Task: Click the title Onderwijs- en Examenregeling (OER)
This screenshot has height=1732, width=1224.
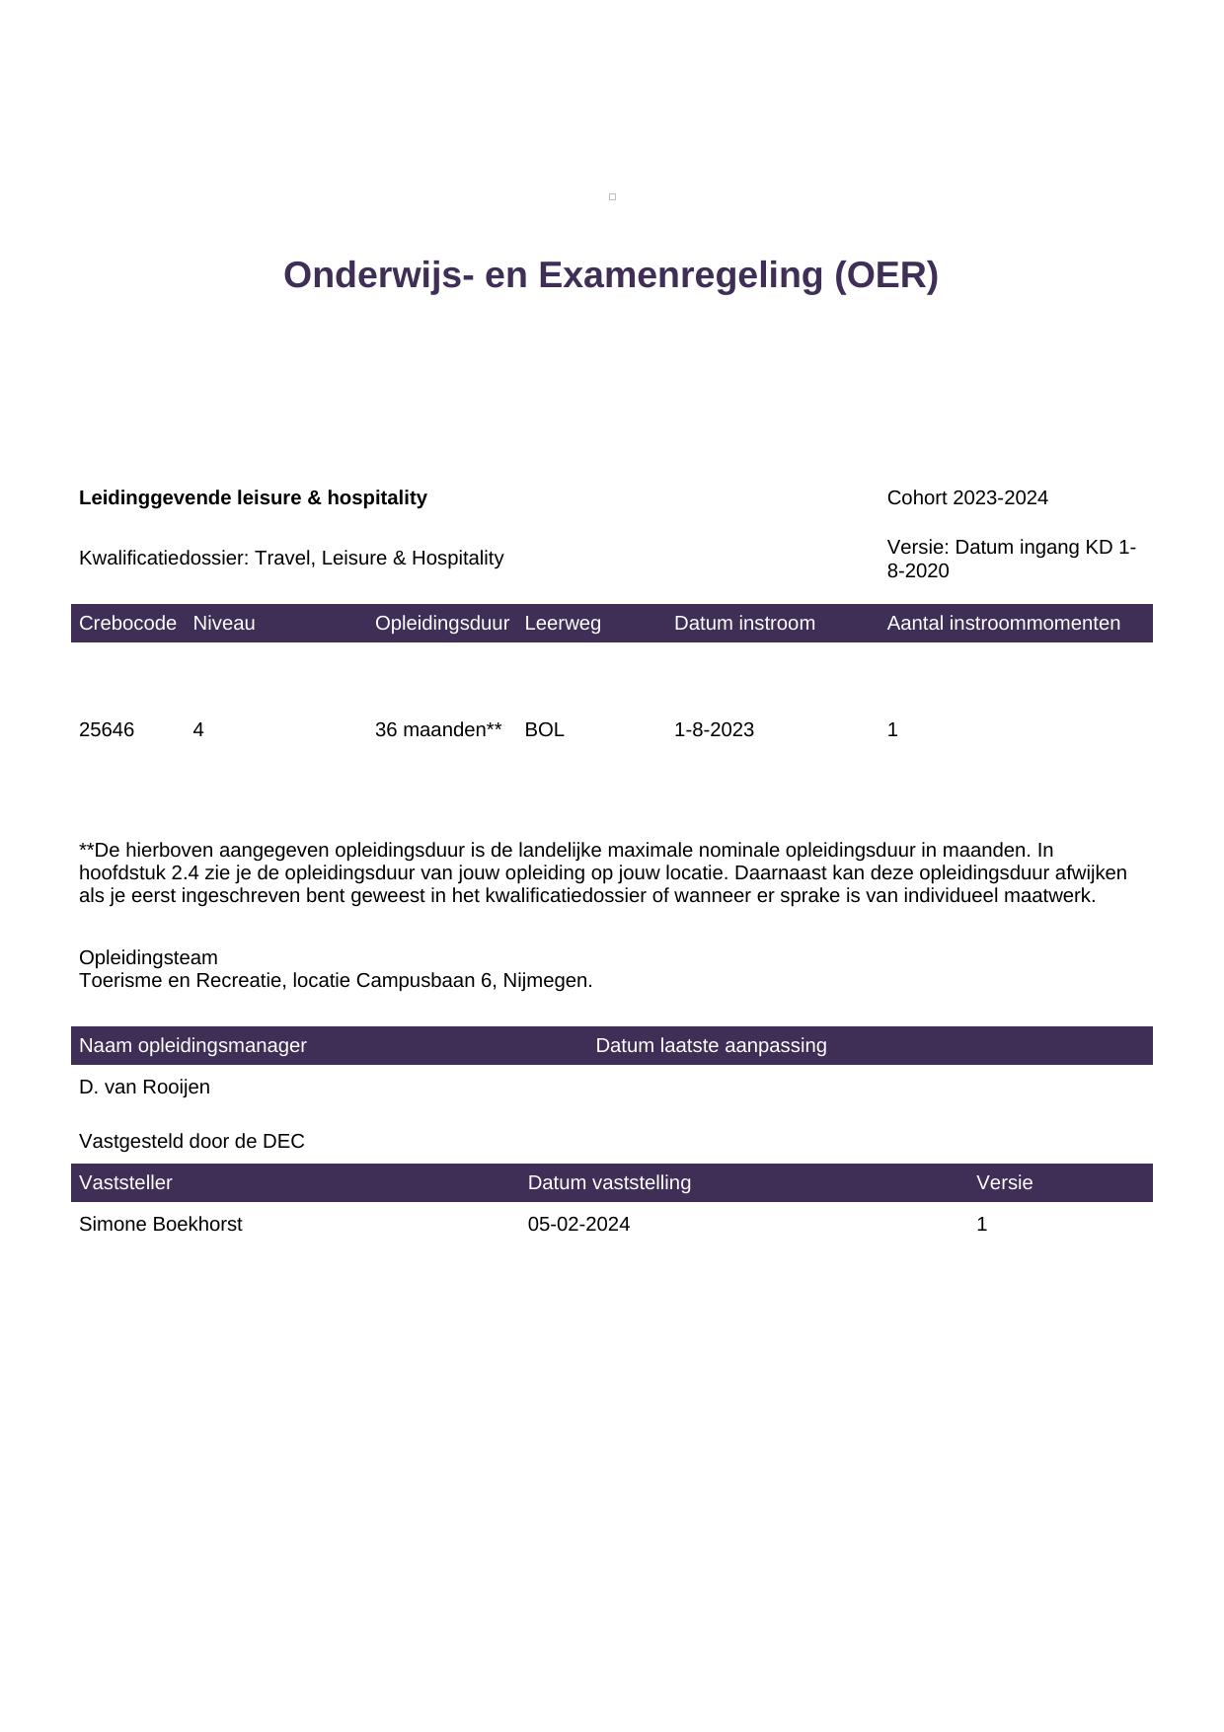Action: pos(610,275)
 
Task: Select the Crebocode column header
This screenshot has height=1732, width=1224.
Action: pos(127,624)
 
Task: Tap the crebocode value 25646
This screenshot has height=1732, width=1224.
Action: pos(107,730)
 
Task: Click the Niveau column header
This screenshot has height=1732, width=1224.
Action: pos(224,624)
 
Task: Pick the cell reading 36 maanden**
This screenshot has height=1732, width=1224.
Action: pos(438,730)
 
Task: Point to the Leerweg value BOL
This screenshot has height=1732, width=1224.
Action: pos(544,730)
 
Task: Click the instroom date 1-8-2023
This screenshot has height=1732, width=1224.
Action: pos(714,730)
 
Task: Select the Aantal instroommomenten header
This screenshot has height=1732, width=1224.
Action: pos(1003,624)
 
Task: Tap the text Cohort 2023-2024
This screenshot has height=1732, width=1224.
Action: pos(967,498)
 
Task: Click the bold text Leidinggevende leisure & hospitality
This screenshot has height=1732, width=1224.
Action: pos(253,498)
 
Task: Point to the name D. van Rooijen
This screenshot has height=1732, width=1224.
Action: pos(144,1088)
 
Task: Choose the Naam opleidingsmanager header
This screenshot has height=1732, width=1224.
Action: pos(192,1046)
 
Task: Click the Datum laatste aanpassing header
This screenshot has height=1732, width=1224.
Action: pos(711,1046)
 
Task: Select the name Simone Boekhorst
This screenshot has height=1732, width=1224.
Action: pos(160,1225)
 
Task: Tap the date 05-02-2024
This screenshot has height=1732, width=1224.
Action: pos(578,1225)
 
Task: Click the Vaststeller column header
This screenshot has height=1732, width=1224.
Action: pos(125,1183)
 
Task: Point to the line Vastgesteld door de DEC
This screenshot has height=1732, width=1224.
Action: pos(191,1142)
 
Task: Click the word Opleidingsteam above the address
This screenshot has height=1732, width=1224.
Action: pos(148,958)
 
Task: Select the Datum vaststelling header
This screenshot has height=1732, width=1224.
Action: pos(609,1183)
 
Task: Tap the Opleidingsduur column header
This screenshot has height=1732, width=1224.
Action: pos(442,624)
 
